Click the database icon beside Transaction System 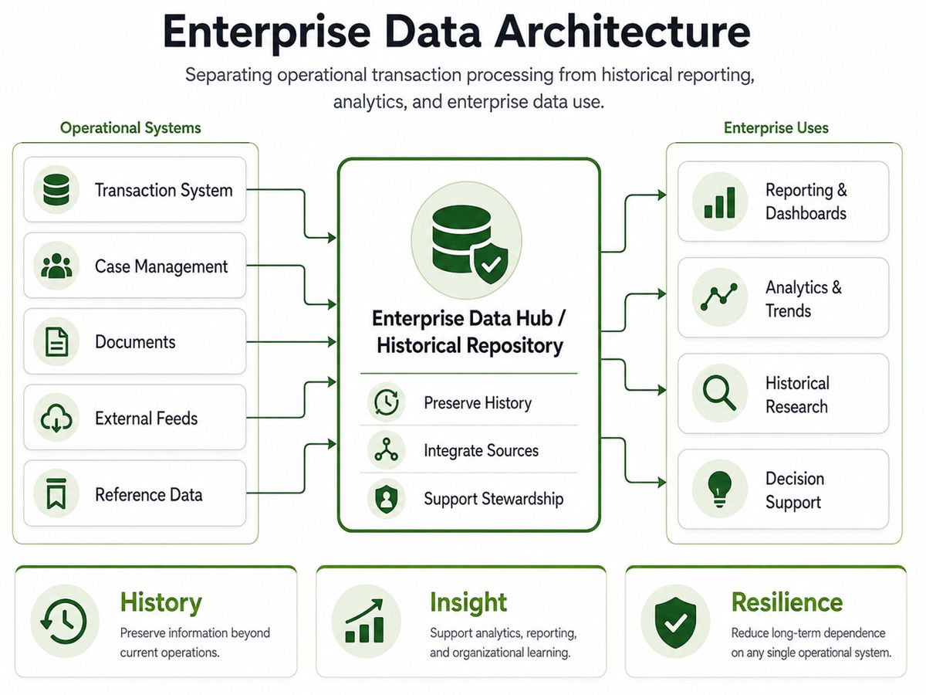pos(56,189)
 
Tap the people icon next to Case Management pos(56,266)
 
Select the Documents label pos(135,342)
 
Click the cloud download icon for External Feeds pos(56,418)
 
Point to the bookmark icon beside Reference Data pos(56,493)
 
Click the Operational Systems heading pos(130,128)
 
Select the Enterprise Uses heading pos(776,128)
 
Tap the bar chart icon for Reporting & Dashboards pos(720,202)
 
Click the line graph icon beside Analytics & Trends pos(719,297)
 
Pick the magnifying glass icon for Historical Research pos(719,393)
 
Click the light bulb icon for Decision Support pos(720,489)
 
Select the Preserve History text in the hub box pos(478,403)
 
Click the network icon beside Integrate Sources pos(387,449)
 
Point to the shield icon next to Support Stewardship pos(387,498)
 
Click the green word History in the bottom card pos(161,602)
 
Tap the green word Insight pos(468,602)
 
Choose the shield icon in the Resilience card pos(675,622)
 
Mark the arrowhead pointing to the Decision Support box pos(662,482)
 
